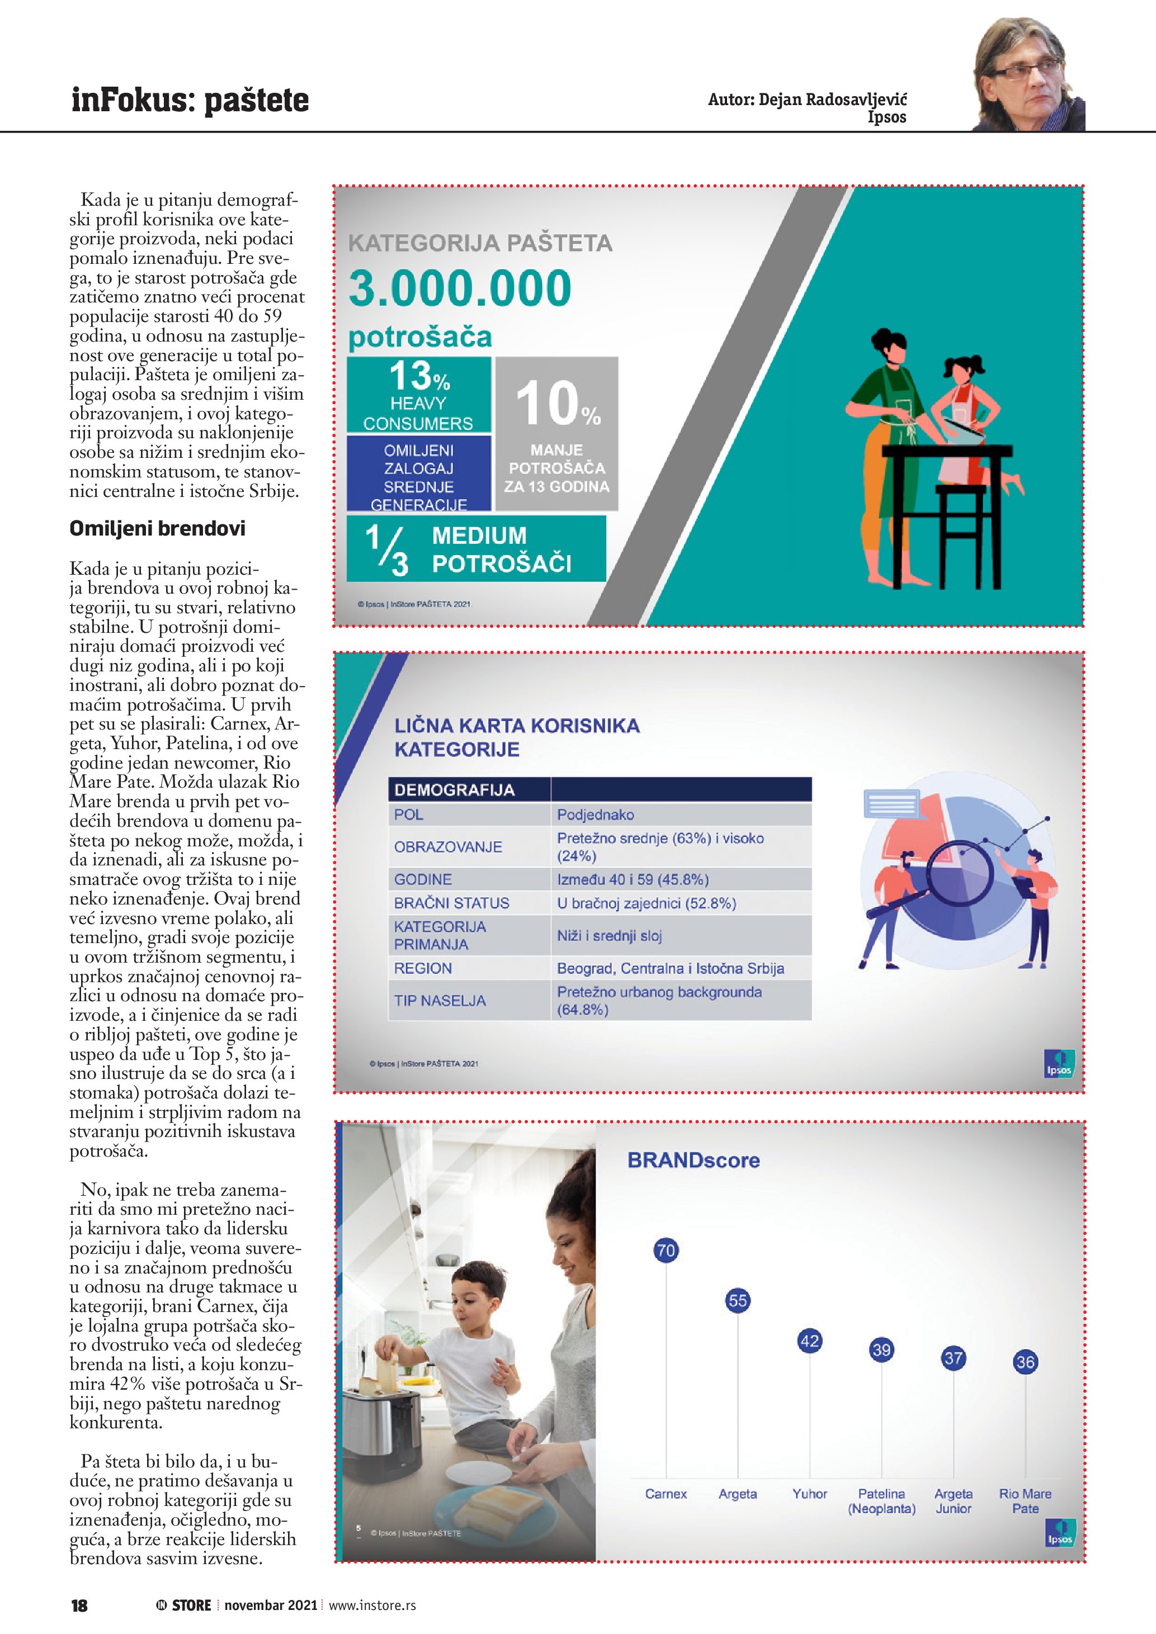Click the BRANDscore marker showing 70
point(666,1250)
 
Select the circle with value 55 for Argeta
point(738,1300)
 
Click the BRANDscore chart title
point(693,1161)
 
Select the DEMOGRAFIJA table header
point(454,790)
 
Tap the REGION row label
point(423,969)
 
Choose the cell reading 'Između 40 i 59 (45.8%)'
point(633,880)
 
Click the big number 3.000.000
point(460,288)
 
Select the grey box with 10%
point(556,433)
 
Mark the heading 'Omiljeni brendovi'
point(157,529)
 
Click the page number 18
point(79,1605)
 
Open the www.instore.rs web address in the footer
point(372,1605)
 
